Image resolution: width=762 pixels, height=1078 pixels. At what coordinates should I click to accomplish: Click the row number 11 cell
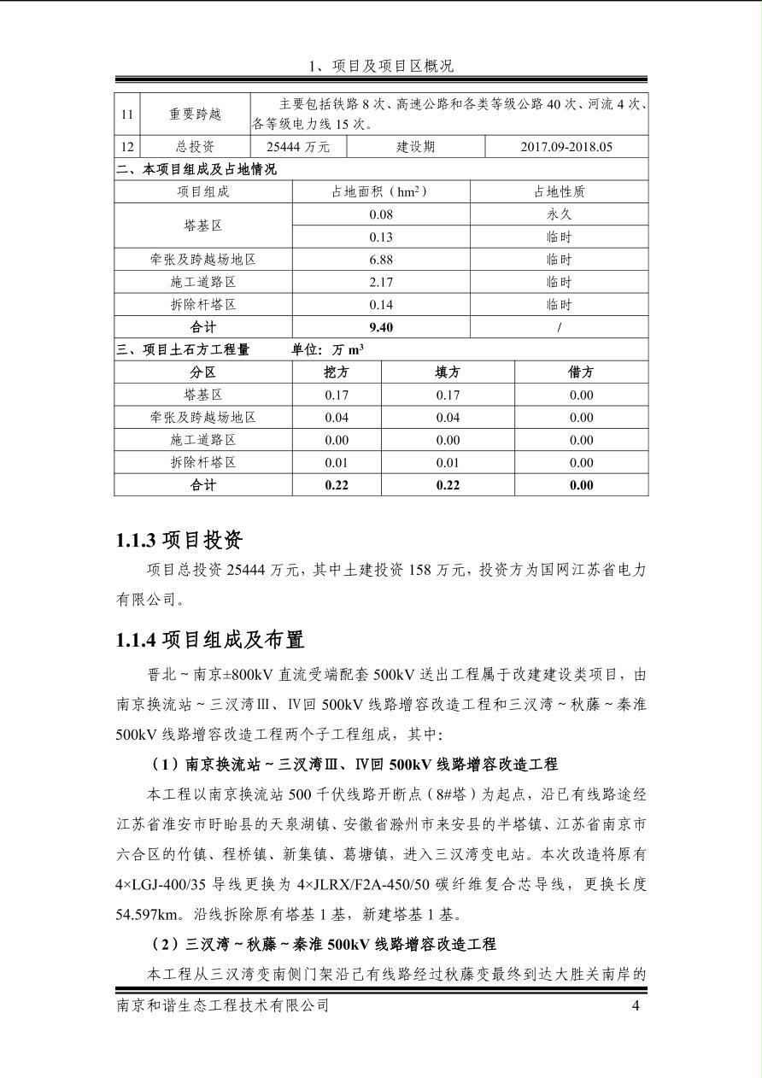point(127,114)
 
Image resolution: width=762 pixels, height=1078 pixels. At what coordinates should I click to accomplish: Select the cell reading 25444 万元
point(298,147)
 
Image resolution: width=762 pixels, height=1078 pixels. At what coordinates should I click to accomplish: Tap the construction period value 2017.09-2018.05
point(566,147)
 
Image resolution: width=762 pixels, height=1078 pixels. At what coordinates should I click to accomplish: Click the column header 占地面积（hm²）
point(380,192)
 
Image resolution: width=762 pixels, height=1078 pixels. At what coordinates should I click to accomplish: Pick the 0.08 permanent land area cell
point(380,214)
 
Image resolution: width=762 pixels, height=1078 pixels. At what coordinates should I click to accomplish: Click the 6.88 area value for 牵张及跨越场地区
point(380,260)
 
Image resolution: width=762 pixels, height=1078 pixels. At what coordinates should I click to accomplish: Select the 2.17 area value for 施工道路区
point(380,282)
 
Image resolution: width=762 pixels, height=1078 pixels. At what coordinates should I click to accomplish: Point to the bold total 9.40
point(380,327)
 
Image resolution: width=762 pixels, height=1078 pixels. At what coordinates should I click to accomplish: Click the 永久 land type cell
point(559,214)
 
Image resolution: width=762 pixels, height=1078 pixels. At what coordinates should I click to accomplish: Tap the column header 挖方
point(337,372)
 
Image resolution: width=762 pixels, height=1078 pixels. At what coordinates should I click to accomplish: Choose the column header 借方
point(581,372)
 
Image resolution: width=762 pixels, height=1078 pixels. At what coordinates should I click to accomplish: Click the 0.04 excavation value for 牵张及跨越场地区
point(337,418)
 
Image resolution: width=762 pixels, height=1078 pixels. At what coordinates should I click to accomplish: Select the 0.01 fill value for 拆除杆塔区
point(448,463)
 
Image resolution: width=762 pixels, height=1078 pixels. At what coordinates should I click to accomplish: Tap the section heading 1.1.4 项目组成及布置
point(210,640)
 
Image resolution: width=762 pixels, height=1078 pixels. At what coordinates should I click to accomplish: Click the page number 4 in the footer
point(636,1006)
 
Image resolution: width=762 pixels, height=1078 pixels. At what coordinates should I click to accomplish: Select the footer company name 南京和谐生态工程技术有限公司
point(222,1006)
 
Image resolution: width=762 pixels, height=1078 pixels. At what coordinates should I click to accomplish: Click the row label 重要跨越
point(195,114)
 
